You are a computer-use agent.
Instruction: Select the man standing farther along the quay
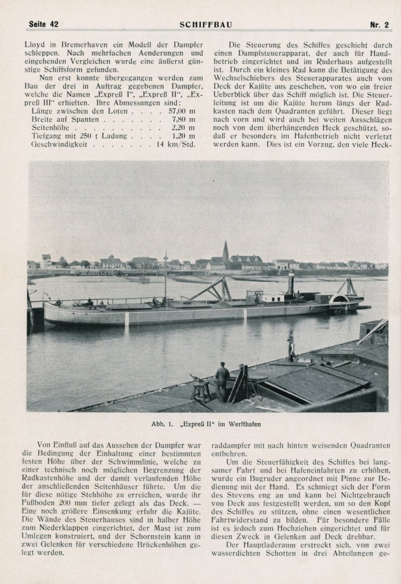coord(291,349)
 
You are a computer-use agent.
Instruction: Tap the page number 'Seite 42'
coord(43,24)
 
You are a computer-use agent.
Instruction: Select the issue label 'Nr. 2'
coord(379,24)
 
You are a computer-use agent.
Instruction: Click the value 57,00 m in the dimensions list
coord(182,110)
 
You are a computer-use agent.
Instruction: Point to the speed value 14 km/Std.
coord(176,144)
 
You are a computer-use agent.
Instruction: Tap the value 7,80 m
coord(183,118)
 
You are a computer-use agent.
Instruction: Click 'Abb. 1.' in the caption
coord(162,424)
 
